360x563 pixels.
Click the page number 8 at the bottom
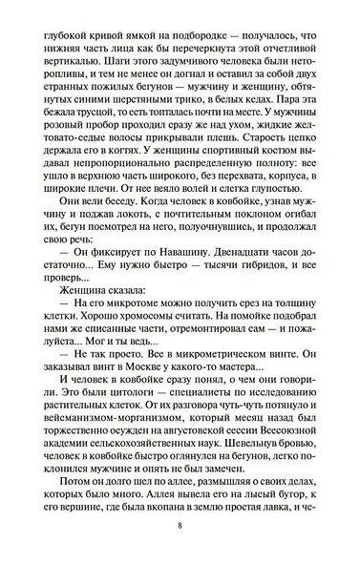tap(180, 527)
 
